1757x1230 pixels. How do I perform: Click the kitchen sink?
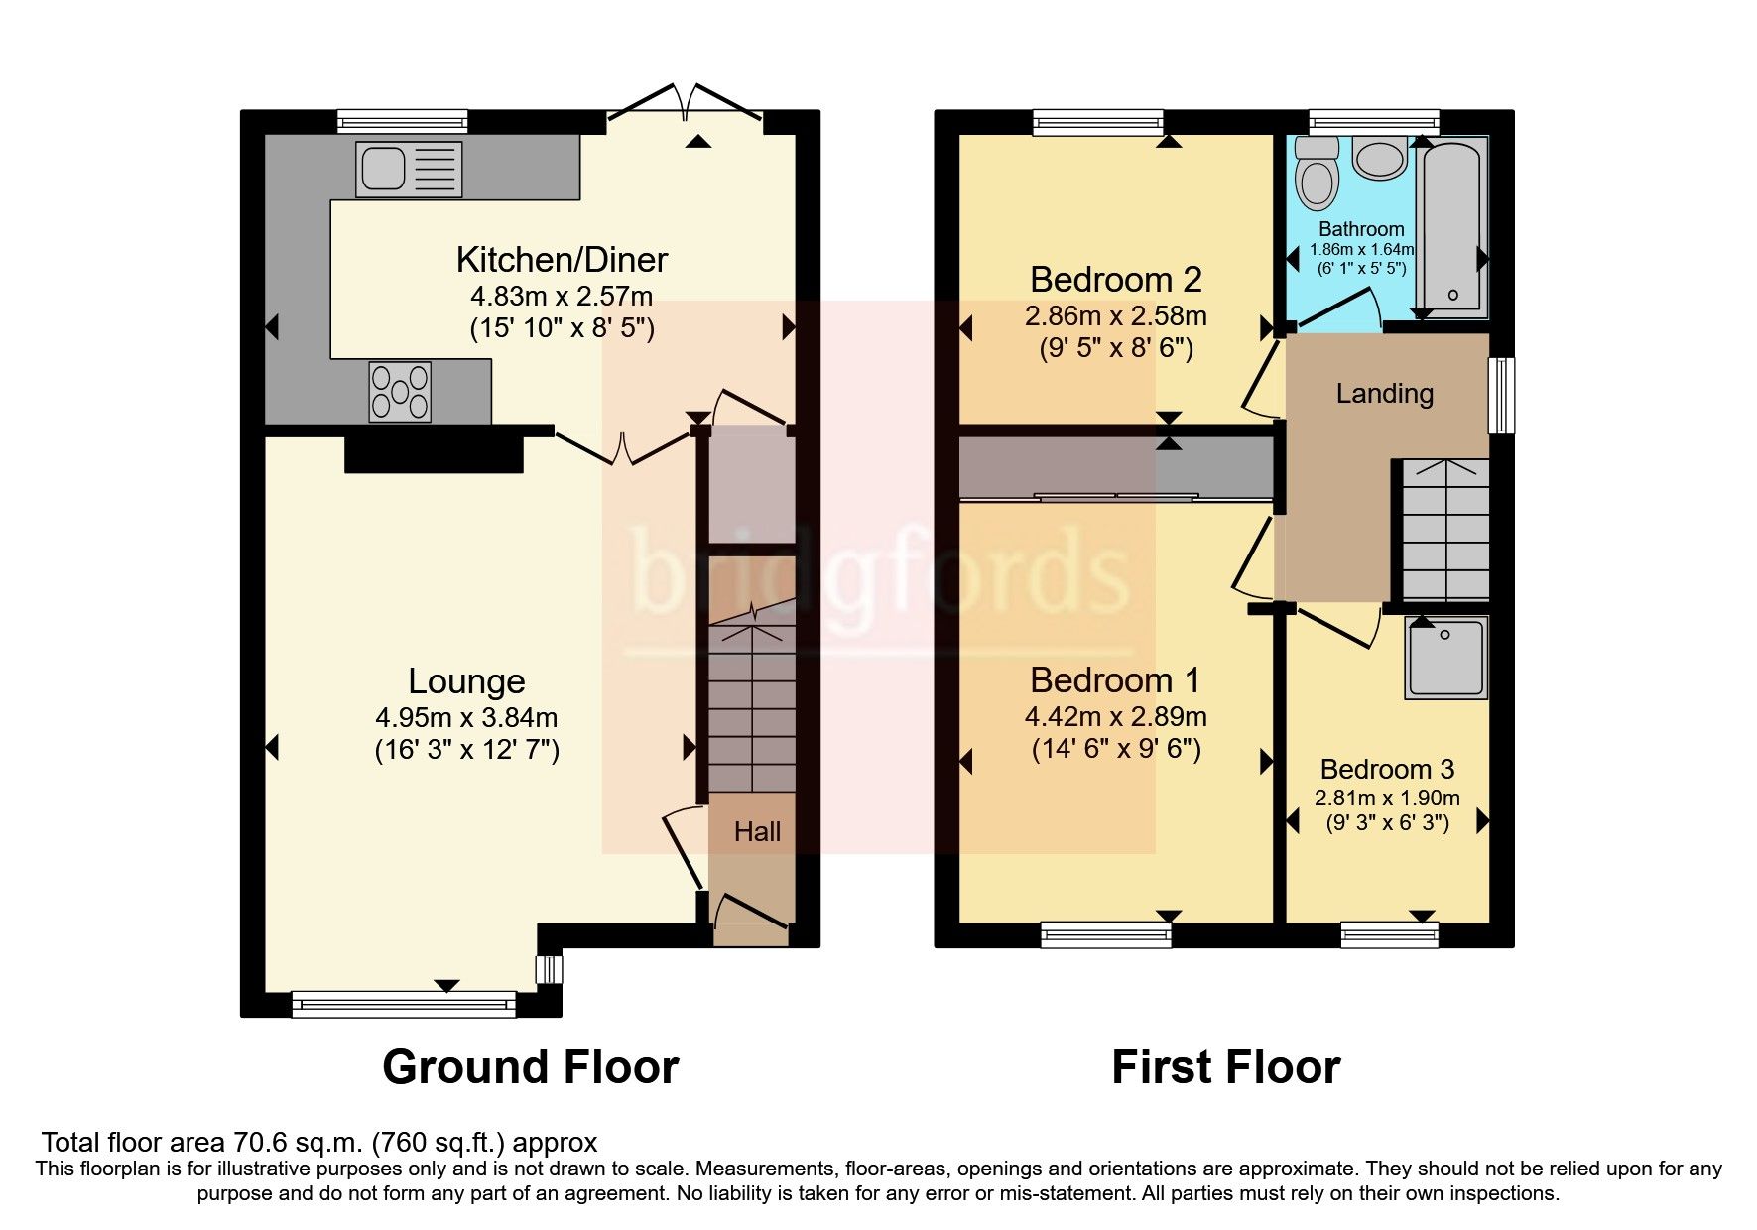(x=408, y=168)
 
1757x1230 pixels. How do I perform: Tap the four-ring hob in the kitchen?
(x=400, y=392)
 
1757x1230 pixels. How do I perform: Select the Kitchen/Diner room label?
(x=562, y=260)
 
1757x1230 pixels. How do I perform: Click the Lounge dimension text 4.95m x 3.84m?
(x=466, y=717)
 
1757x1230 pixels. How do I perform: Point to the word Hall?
(x=757, y=832)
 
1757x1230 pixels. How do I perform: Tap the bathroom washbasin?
(x=1379, y=158)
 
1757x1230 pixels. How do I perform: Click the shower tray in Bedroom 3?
(x=1445, y=658)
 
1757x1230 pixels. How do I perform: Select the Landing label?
(x=1384, y=394)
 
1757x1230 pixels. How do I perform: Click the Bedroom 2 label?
(x=1115, y=280)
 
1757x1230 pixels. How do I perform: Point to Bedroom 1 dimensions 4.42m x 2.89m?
(x=1115, y=716)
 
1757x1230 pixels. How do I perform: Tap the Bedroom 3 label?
(x=1387, y=769)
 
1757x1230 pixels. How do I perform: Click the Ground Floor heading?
(x=530, y=1067)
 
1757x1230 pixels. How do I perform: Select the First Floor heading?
(x=1225, y=1067)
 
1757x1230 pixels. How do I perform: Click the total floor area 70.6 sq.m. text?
(x=318, y=1142)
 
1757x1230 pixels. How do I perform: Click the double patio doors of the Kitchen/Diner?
(x=686, y=109)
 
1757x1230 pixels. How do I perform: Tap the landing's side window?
(x=1502, y=395)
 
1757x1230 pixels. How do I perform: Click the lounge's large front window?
(x=404, y=1005)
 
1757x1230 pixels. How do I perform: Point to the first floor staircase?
(x=1445, y=531)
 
